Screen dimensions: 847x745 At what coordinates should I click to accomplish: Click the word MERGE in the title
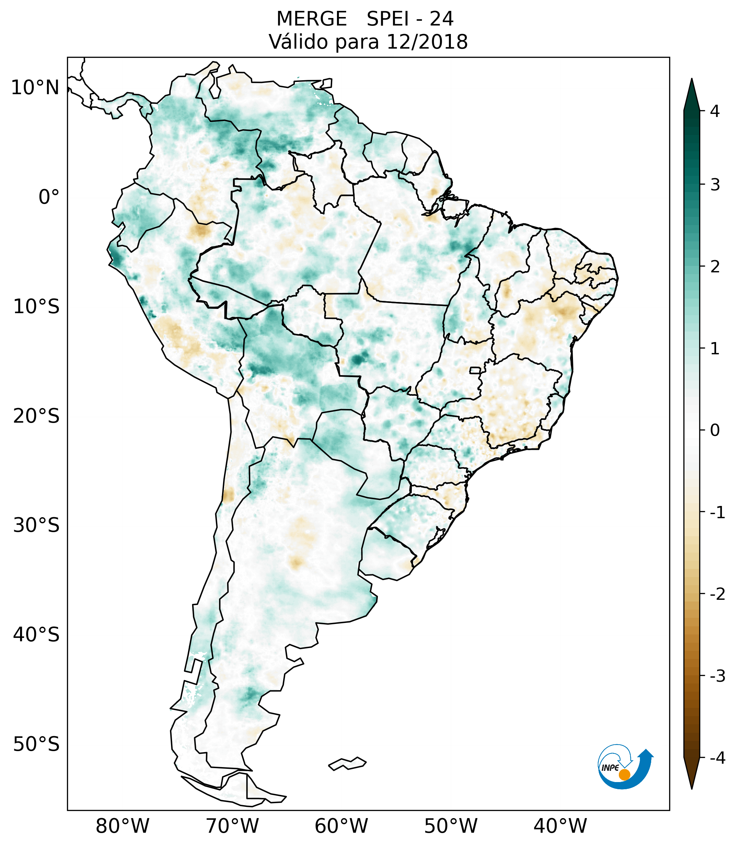point(311,19)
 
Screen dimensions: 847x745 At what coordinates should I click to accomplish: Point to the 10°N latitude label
point(35,88)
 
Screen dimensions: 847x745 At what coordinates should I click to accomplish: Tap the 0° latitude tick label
point(49,197)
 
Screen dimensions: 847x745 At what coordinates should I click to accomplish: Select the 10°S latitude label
point(36,307)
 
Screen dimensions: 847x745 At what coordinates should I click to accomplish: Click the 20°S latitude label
point(36,416)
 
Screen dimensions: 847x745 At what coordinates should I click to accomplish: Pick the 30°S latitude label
point(36,525)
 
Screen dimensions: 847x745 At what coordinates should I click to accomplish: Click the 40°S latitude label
point(36,635)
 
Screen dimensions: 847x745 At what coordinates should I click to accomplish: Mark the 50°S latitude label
point(36,745)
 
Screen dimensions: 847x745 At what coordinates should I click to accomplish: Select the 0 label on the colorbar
point(715,430)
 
